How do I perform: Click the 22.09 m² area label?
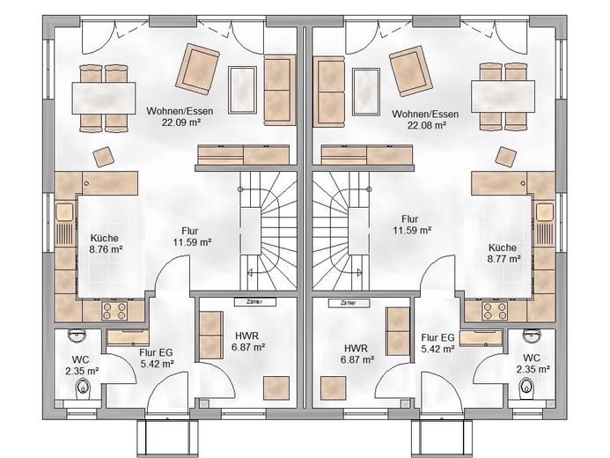tap(181, 122)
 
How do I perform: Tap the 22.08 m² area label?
tap(426, 125)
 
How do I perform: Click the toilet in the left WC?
tap(83, 388)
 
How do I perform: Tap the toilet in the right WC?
tap(526, 388)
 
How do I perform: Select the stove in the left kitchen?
tap(114, 311)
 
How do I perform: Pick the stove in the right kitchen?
tap(495, 311)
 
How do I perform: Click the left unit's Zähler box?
tap(254, 301)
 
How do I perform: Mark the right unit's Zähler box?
tap(349, 303)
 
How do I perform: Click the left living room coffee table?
tap(242, 90)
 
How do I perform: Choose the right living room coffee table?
tap(365, 92)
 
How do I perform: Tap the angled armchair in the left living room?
tap(198, 69)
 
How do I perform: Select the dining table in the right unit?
tap(503, 96)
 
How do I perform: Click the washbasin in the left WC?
tap(76, 336)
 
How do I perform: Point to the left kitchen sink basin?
tap(64, 212)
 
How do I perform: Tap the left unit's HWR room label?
tap(248, 341)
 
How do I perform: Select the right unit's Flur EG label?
tap(437, 343)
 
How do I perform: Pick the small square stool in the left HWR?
tap(276, 388)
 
